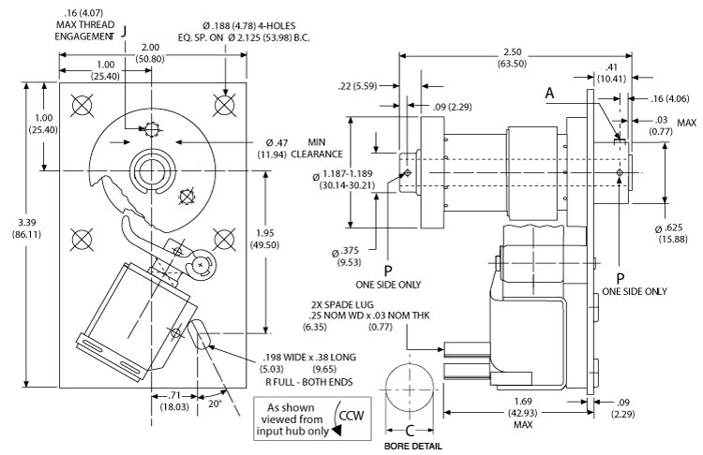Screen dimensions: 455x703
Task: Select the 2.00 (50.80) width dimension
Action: click(148, 53)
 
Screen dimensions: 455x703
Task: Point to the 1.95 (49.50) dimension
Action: click(290, 239)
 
